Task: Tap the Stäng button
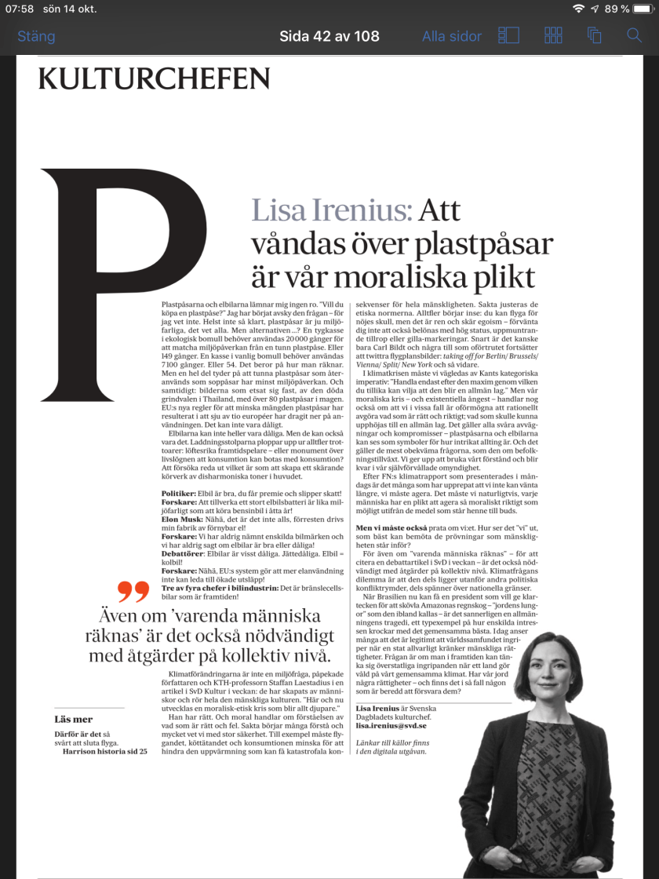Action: [36, 36]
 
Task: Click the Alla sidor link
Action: [451, 36]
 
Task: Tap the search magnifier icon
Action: [634, 35]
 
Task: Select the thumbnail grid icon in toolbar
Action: [554, 35]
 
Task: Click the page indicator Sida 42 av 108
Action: [329, 36]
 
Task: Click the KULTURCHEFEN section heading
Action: [154, 79]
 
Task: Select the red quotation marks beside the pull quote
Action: [133, 591]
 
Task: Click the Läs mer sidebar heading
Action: [74, 719]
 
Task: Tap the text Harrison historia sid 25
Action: [104, 751]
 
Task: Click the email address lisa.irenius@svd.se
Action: [396, 727]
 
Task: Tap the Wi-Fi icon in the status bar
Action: [579, 9]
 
